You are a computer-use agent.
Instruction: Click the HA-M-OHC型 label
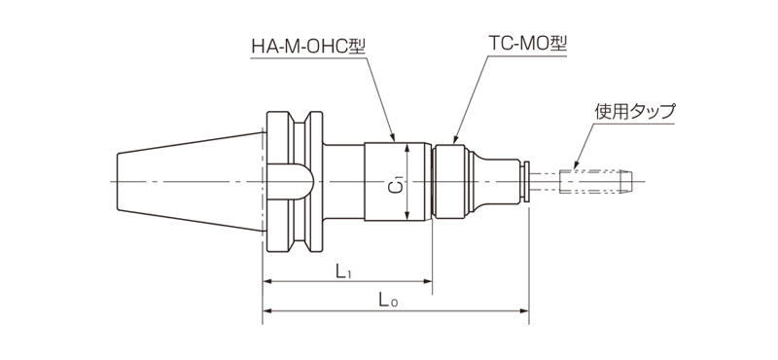click(x=308, y=46)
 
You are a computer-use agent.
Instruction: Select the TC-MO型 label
click(x=527, y=44)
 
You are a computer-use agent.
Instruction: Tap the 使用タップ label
click(x=635, y=111)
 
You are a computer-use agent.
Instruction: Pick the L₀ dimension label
click(x=388, y=300)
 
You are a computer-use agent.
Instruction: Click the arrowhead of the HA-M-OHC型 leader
click(x=393, y=137)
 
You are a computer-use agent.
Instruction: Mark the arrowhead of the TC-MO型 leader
click(x=454, y=139)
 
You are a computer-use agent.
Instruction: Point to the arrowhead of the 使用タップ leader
click(x=576, y=164)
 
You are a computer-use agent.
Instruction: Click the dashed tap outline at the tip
click(x=595, y=181)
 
